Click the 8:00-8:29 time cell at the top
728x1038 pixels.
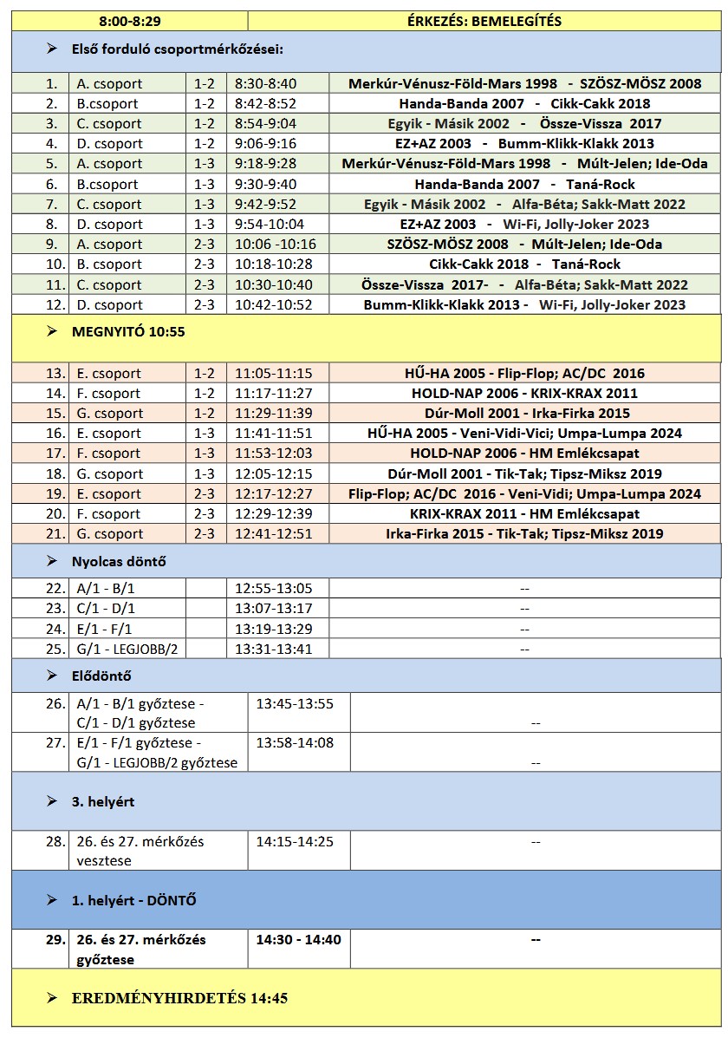point(130,21)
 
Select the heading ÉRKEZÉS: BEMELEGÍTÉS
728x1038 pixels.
point(484,21)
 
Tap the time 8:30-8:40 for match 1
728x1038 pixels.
point(265,84)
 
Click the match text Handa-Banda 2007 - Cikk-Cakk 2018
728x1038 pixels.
point(524,104)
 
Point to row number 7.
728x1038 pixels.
point(52,205)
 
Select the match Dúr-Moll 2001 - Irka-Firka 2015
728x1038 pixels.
point(523,414)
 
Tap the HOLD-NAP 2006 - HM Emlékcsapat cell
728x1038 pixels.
point(523,454)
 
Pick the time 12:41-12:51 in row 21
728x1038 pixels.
point(274,534)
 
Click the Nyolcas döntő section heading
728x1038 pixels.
point(119,562)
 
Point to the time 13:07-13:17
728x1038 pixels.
point(274,609)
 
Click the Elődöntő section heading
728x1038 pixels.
point(101,676)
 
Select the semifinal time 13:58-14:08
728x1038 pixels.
point(295,743)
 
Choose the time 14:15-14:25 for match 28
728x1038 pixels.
point(295,842)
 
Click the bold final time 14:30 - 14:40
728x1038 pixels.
point(298,940)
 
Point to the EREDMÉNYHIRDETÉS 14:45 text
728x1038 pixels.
point(179,999)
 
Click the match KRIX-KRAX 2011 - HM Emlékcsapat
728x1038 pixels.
point(523,514)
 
